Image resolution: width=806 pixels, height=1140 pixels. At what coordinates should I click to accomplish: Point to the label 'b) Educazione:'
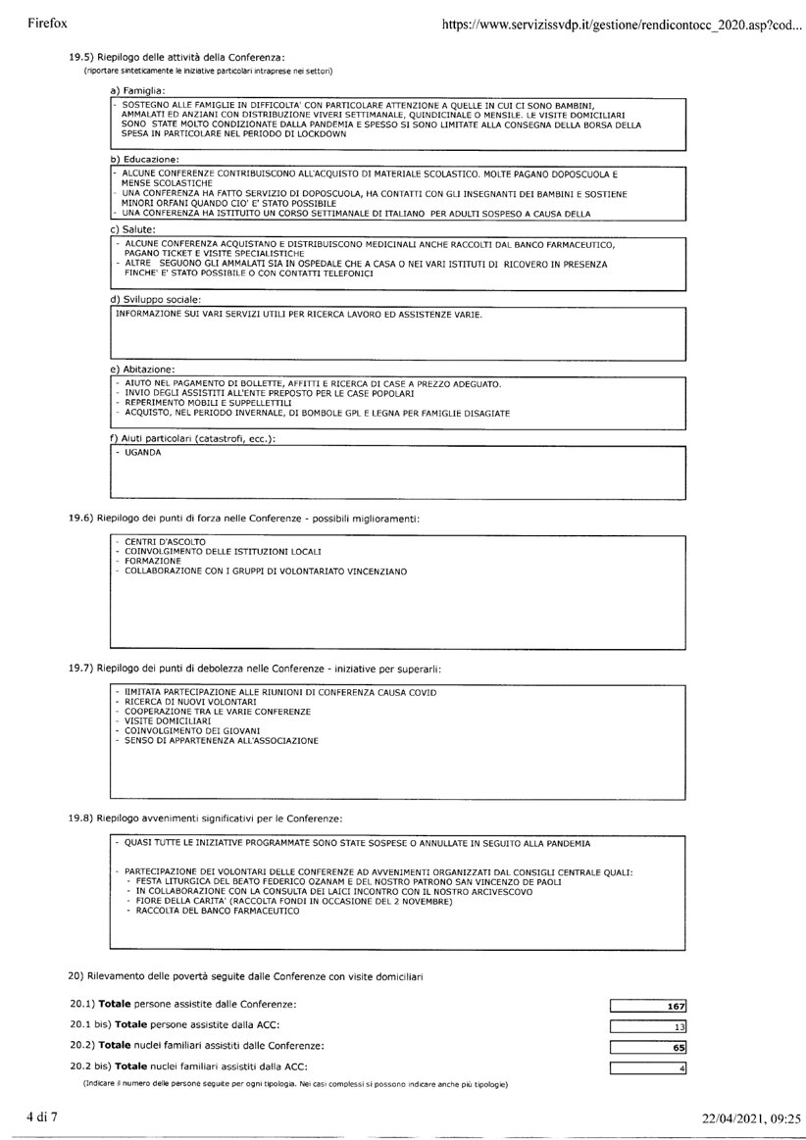[145, 159]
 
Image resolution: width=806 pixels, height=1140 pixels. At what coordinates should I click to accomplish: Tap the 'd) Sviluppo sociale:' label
[157, 299]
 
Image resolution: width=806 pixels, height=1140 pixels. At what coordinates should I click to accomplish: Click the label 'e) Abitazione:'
[142, 369]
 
